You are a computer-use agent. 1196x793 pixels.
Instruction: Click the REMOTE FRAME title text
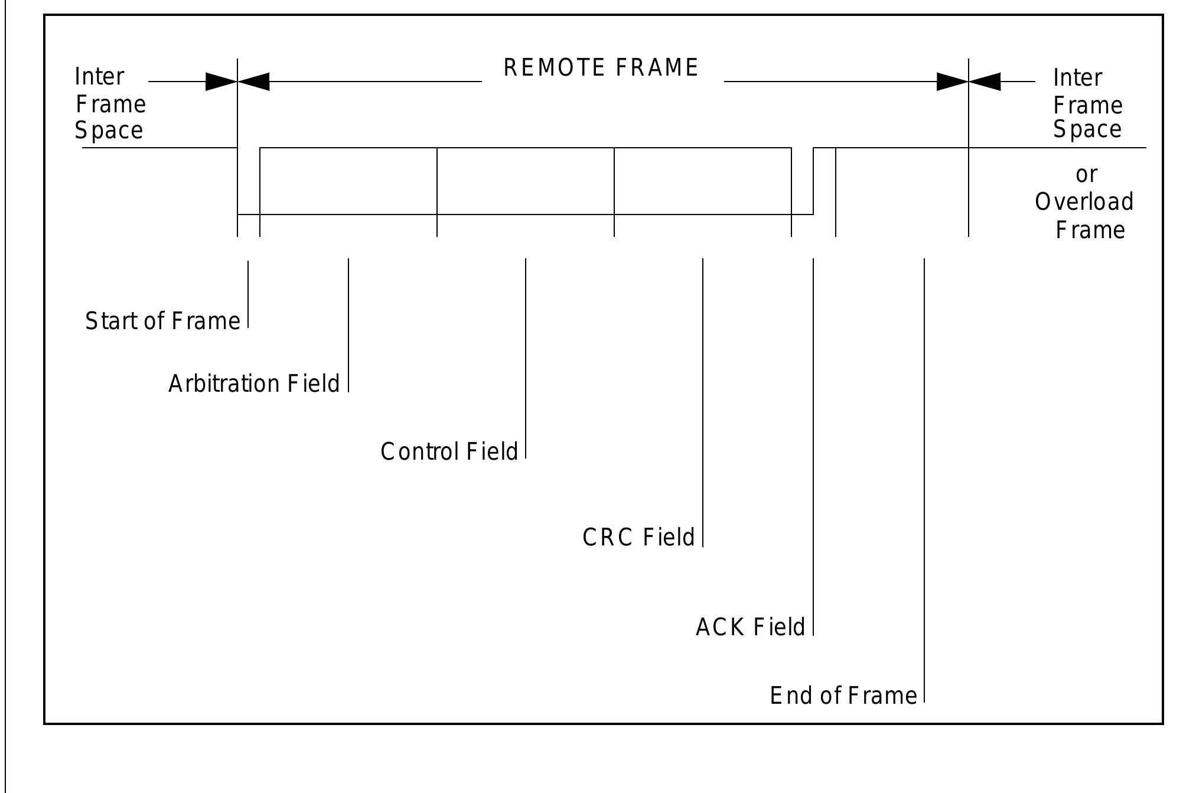click(x=601, y=67)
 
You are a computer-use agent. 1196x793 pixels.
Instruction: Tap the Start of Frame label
click(x=162, y=321)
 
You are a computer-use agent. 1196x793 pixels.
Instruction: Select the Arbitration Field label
click(x=254, y=384)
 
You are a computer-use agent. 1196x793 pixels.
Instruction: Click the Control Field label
click(x=449, y=452)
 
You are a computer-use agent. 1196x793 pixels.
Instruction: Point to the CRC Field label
click(x=638, y=538)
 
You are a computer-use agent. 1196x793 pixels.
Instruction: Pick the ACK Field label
click(x=750, y=627)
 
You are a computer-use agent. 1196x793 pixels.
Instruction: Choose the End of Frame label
click(x=843, y=695)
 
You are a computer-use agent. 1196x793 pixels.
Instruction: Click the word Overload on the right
click(x=1084, y=202)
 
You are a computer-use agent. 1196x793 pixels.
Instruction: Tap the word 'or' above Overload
click(x=1086, y=175)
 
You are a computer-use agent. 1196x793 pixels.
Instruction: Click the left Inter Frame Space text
click(x=110, y=104)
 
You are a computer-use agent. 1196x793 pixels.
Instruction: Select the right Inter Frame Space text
click(x=1087, y=104)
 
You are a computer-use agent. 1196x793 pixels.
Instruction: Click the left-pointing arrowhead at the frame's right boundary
click(x=985, y=82)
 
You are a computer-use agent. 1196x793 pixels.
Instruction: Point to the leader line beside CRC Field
click(x=703, y=402)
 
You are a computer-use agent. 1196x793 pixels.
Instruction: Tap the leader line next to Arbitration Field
click(x=348, y=325)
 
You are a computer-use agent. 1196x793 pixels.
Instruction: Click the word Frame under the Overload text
click(x=1090, y=230)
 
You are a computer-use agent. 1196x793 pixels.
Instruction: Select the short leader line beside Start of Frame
click(x=248, y=294)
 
